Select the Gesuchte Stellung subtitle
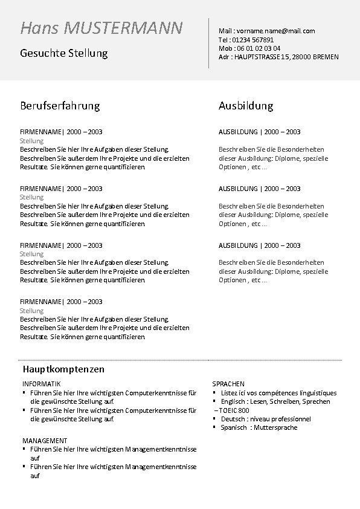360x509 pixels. [x=63, y=53]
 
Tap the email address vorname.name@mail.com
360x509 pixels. [x=275, y=31]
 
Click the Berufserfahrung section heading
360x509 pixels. [x=60, y=106]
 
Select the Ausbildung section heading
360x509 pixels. [x=246, y=106]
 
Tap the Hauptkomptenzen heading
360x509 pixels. [x=63, y=369]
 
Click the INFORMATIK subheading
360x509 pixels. [x=42, y=384]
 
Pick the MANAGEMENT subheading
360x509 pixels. [x=45, y=441]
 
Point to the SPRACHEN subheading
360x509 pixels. [x=228, y=384]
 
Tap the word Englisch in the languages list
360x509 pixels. [x=233, y=401]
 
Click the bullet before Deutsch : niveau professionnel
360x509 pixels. [x=214, y=418]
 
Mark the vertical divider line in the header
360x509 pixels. [x=209, y=43]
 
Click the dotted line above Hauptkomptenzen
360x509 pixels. [x=181, y=360]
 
